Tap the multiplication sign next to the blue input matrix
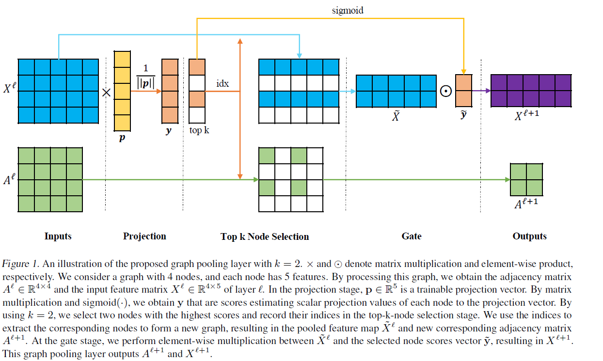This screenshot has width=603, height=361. click(x=106, y=92)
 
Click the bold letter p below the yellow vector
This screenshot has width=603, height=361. click(x=122, y=138)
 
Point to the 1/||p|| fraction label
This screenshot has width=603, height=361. click(x=146, y=75)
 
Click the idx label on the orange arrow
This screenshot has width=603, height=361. click(x=222, y=84)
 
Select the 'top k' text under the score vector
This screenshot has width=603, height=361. click(x=199, y=130)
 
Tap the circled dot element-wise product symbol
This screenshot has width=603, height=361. click(x=445, y=91)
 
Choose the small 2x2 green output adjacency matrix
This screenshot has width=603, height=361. click(x=526, y=179)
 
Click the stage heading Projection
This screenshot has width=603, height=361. click(x=144, y=236)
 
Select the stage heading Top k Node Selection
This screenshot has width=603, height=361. click(x=265, y=236)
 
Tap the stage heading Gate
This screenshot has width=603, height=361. click(x=412, y=236)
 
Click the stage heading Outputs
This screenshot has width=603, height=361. click(x=529, y=236)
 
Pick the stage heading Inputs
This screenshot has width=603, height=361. click(x=58, y=236)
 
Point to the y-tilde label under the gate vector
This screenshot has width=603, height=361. click(x=463, y=115)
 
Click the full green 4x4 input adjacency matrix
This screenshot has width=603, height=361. click(x=50, y=179)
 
